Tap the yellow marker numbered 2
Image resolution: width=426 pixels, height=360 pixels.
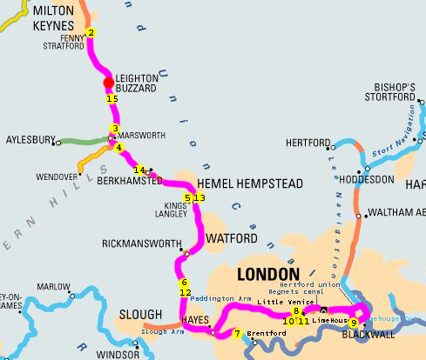tap(91, 34)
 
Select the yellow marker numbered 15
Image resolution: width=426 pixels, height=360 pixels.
tap(112, 99)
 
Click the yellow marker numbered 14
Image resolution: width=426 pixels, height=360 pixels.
tap(139, 170)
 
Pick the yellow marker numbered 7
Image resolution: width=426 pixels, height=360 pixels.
tap(237, 334)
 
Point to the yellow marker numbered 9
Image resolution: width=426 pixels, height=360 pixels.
tap(353, 323)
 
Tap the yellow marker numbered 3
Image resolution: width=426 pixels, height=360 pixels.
tap(114, 130)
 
